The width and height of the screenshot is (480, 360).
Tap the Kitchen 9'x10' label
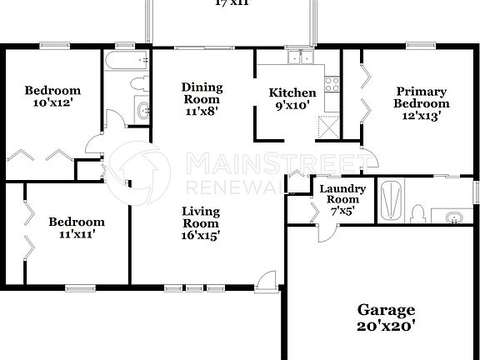(292, 99)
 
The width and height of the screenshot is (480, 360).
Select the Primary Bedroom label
(422, 97)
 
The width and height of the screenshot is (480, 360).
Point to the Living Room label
(201, 223)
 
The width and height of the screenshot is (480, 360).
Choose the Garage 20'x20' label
(386, 318)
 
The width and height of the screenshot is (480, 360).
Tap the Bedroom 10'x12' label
(52, 97)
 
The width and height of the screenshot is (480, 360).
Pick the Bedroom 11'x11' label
(77, 228)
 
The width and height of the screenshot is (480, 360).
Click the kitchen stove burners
(332, 84)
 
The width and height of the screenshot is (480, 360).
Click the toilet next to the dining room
(139, 83)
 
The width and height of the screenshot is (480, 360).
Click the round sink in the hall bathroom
(141, 109)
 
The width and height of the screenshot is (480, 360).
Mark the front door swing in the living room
(264, 279)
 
